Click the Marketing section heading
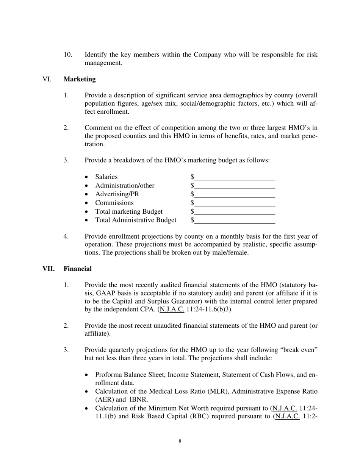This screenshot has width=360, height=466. pyautogui.click(x=80, y=79)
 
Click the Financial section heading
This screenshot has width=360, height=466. pyautogui.click(x=77, y=269)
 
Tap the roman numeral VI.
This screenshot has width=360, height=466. pyautogui.click(x=47, y=79)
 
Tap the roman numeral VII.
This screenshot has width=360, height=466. pyautogui.click(x=49, y=269)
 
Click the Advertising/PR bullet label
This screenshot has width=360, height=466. pyautogui.click(x=117, y=194)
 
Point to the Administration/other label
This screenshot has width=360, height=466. pyautogui.click(x=125, y=186)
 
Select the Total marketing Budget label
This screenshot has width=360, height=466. pyautogui.click(x=129, y=211)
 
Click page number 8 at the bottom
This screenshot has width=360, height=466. pyautogui.click(x=180, y=441)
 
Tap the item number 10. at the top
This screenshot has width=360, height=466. pyautogui.click(x=68, y=55)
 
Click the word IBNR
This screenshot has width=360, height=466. pyautogui.click(x=139, y=400)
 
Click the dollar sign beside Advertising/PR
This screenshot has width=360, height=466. pyautogui.click(x=192, y=194)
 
